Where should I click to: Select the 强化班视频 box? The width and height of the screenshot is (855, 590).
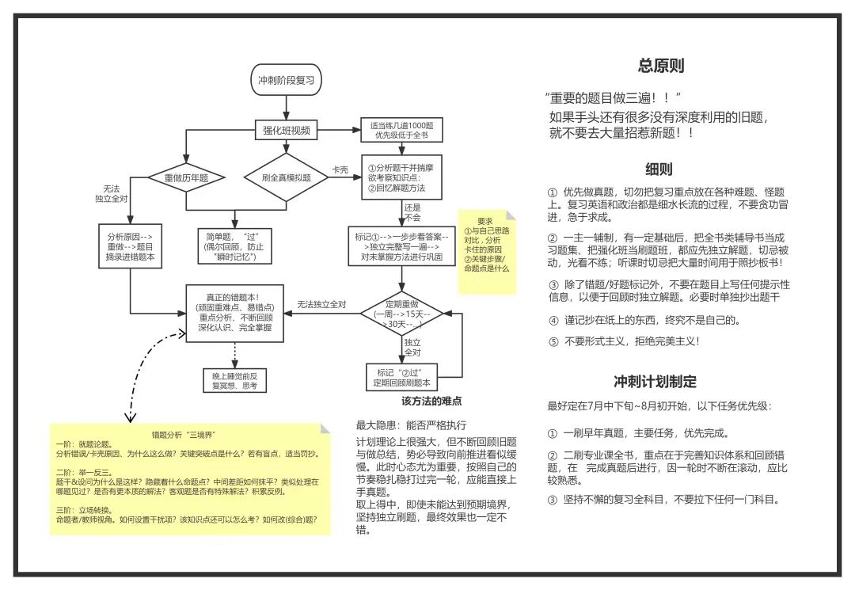point(286,130)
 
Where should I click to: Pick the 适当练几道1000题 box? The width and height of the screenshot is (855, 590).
point(401,130)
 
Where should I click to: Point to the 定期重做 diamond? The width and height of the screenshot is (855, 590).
point(402,315)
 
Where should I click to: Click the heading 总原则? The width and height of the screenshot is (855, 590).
point(661,66)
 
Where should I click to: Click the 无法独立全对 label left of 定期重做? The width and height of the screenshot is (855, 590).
point(322,305)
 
